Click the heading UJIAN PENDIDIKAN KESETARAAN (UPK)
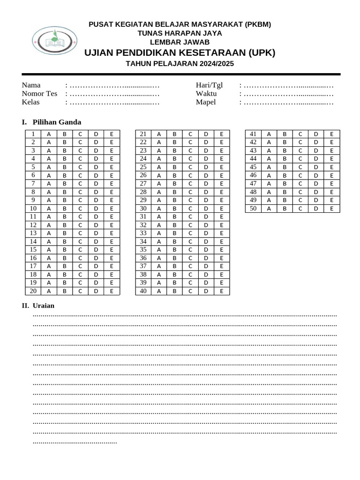180,52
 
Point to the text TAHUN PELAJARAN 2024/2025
180,64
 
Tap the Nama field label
31,85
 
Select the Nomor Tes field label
39,93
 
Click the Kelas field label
30,102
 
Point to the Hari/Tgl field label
209,85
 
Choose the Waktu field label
206,93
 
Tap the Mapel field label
206,102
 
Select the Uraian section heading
43,306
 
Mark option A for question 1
49,134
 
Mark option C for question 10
80,209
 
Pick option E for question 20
112,291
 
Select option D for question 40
206,291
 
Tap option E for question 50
332,209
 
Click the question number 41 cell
253,134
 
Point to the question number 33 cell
143,233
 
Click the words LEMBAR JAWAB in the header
180,42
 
